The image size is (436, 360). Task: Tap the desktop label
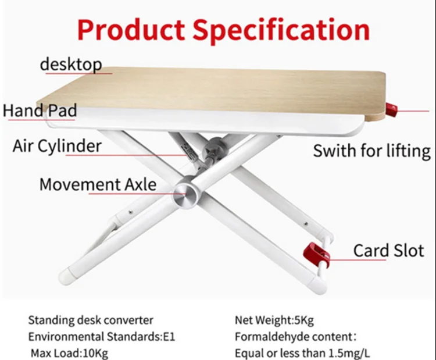(x=70, y=64)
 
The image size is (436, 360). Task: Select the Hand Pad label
(x=40, y=111)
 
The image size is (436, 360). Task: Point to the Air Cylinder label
(x=57, y=145)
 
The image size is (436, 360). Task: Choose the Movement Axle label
(x=98, y=185)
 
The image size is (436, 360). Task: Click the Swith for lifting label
(x=371, y=151)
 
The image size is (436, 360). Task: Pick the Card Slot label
(x=388, y=251)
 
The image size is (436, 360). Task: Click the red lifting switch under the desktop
(x=392, y=109)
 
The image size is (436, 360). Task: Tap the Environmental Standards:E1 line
(x=102, y=336)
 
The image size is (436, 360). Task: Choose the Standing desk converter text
(x=91, y=320)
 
